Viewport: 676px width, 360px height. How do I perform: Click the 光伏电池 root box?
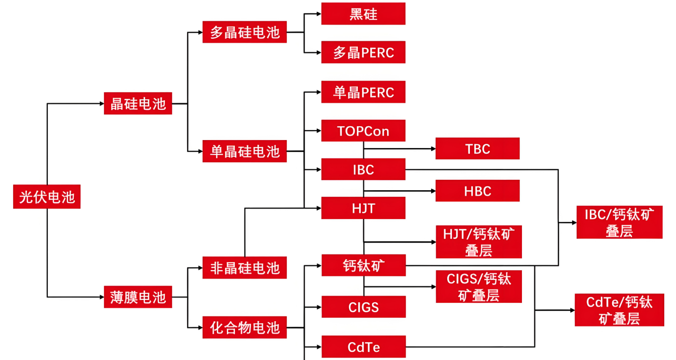[x=47, y=197]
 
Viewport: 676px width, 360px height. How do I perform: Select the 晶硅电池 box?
[x=138, y=104]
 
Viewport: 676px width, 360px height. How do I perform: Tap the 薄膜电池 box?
[x=138, y=297]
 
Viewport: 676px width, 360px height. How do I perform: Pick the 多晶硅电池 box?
[x=244, y=32]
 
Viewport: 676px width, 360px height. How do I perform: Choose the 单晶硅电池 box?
[x=244, y=151]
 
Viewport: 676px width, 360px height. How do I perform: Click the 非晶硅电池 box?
[x=244, y=268]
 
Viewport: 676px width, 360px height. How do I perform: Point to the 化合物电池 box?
[x=244, y=327]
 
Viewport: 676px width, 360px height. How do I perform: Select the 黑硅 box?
[x=363, y=14]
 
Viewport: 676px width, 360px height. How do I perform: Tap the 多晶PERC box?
[x=363, y=52]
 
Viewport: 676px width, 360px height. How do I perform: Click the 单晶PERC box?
[x=363, y=92]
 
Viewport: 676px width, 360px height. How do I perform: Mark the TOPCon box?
[x=363, y=131]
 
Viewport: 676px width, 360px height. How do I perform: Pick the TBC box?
[x=477, y=149]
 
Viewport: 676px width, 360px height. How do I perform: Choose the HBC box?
[x=477, y=191]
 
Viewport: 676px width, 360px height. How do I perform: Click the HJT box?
[x=363, y=208]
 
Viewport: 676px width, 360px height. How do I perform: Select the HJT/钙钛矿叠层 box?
[x=478, y=242]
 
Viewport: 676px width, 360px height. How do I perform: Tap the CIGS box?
[x=363, y=307]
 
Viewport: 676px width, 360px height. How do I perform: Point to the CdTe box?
[x=363, y=347]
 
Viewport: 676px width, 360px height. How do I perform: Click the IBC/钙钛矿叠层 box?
[x=619, y=222]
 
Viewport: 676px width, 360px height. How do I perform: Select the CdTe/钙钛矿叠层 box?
[x=619, y=310]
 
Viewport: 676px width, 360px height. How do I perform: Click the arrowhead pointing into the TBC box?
[x=433, y=149]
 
